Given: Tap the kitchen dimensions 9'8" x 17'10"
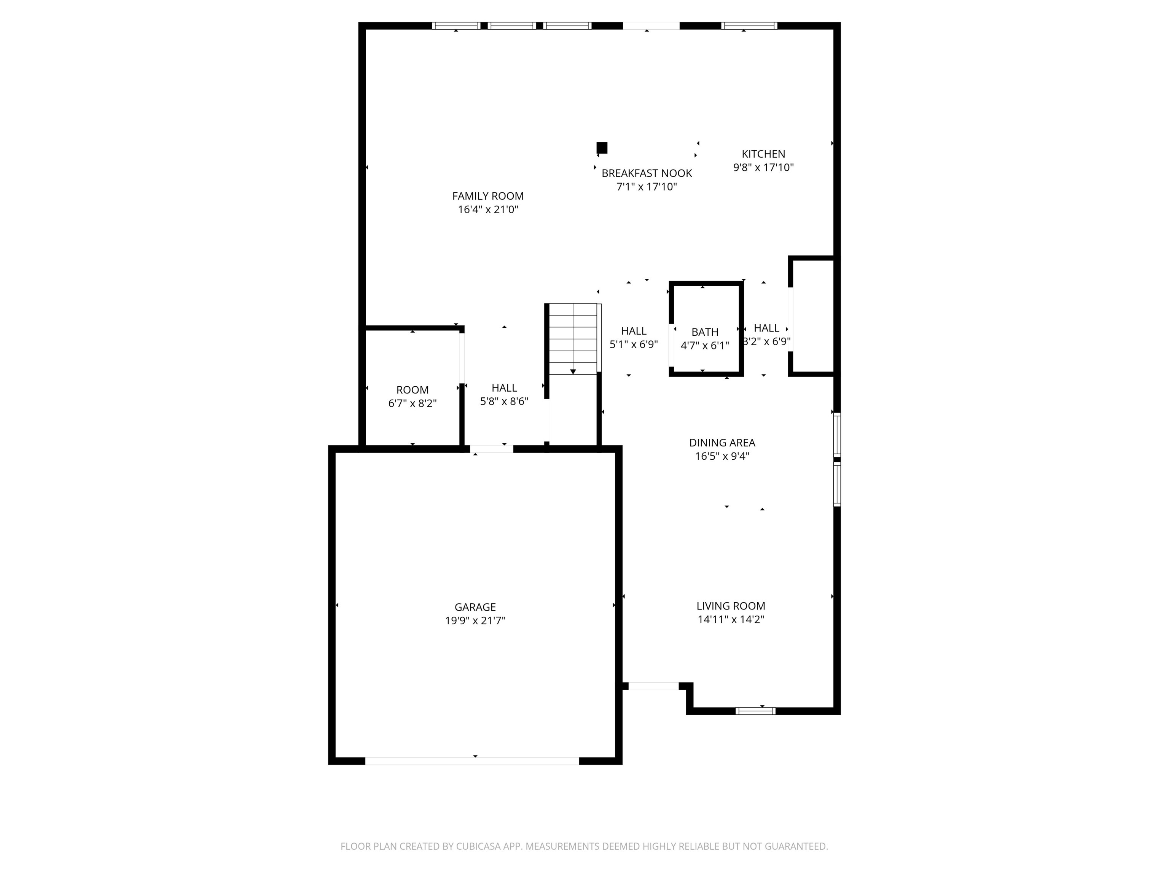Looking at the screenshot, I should tap(763, 167).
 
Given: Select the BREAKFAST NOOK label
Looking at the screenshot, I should tap(646, 173).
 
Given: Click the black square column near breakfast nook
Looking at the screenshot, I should tap(601, 147).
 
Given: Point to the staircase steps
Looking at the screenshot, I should tap(573, 338).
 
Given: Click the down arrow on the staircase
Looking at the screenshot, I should tap(573, 372).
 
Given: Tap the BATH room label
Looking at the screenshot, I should tap(704, 332).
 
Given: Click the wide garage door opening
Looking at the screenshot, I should tap(472, 761).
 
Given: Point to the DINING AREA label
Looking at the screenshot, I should tap(722, 443).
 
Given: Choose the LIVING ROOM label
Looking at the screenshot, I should tap(730, 606).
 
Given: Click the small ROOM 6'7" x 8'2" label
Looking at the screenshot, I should tap(412, 390).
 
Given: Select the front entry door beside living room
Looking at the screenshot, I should tap(653, 686).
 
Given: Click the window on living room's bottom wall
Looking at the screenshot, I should tap(755, 711).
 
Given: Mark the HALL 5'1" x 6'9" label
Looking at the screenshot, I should tap(633, 331).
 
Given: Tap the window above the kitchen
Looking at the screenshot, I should tap(749, 25).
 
